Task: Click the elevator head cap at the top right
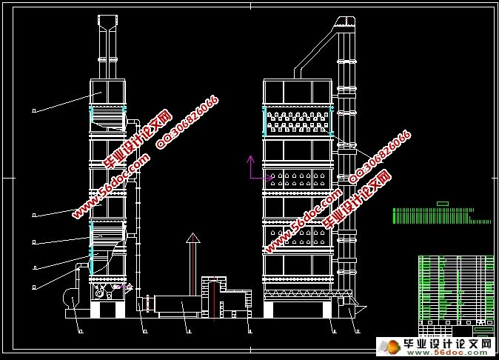[x=345, y=22]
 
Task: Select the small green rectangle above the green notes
[x=443, y=203]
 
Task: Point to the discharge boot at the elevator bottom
[x=351, y=303]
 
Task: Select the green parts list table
[x=456, y=289]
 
